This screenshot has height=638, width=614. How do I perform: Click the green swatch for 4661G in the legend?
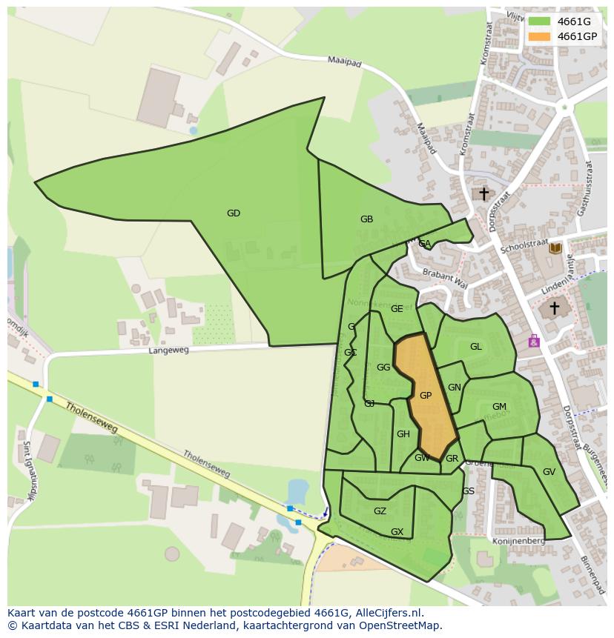point(539,21)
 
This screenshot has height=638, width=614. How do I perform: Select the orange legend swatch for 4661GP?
point(539,36)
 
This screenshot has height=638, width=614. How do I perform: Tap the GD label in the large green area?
point(234,213)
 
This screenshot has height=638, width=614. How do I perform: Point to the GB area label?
point(366,219)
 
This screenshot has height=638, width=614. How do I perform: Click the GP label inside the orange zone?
point(426,396)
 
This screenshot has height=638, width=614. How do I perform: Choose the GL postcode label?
point(475,347)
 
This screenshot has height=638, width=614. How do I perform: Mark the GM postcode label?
point(499,407)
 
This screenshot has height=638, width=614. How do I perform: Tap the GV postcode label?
point(549,472)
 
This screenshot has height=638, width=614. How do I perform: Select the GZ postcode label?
point(380,511)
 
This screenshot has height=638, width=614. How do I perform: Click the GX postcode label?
point(397,532)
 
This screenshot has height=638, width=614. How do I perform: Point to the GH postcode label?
point(403,434)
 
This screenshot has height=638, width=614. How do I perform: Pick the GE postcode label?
point(397,309)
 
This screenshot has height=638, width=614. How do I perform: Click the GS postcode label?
point(468,491)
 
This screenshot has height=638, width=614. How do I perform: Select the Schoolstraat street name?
point(524,246)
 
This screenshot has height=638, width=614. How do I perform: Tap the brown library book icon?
point(555,248)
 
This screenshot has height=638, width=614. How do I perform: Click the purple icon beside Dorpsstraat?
point(533,341)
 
